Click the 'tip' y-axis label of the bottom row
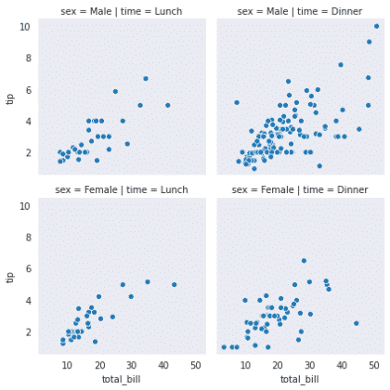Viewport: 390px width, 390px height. tap(10, 276)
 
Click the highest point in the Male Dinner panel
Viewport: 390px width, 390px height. tap(375, 27)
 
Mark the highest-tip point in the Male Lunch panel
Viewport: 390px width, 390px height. tap(146, 78)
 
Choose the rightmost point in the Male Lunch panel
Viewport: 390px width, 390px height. tap(168, 105)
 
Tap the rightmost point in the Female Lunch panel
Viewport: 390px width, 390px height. tap(174, 284)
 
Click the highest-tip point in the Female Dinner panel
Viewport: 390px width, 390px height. tap(304, 261)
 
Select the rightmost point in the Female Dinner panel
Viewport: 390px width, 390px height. tap(356, 323)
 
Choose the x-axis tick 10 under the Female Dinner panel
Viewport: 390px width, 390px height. tap(245, 365)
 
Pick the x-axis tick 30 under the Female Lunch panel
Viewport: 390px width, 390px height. tap(131, 365)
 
